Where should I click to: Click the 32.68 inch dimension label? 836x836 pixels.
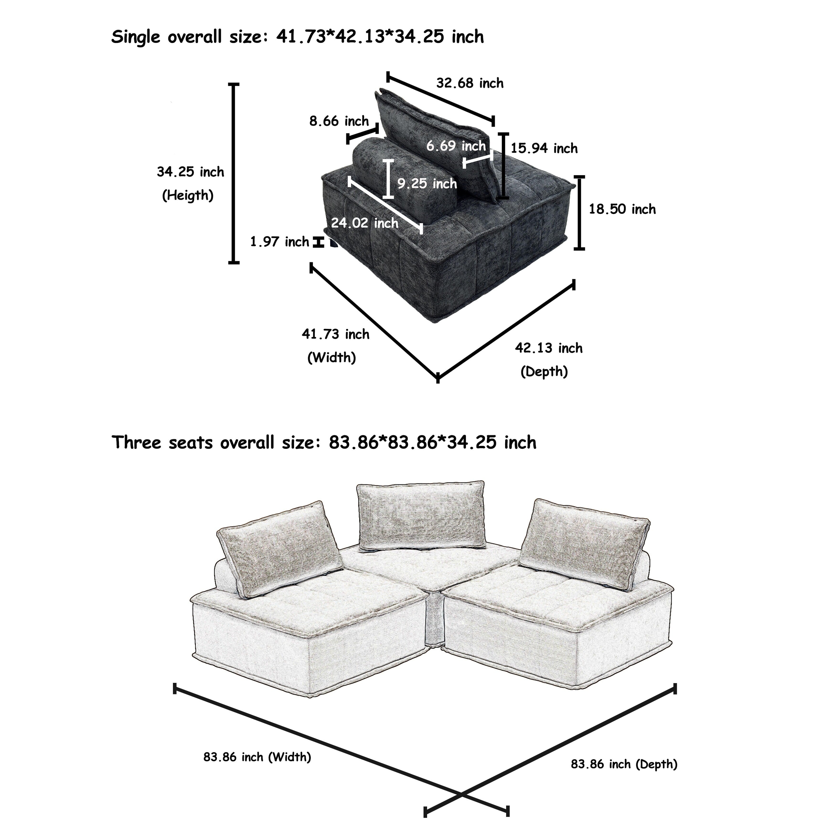[470, 83]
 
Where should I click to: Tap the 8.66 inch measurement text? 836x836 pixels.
[339, 121]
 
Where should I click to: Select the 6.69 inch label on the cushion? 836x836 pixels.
[456, 146]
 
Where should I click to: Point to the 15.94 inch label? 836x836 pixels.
[544, 148]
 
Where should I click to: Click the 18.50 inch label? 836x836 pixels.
[622, 209]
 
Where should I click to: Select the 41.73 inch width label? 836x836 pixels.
[335, 334]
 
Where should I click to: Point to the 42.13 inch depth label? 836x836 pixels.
[548, 348]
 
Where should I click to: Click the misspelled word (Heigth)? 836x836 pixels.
[188, 196]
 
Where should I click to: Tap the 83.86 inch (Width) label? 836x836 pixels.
[257, 757]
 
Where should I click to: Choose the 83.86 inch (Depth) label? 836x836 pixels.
[624, 764]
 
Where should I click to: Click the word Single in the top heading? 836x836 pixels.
[135, 37]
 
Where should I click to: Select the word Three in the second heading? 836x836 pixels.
[136, 443]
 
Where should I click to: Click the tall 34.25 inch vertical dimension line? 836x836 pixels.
[234, 173]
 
